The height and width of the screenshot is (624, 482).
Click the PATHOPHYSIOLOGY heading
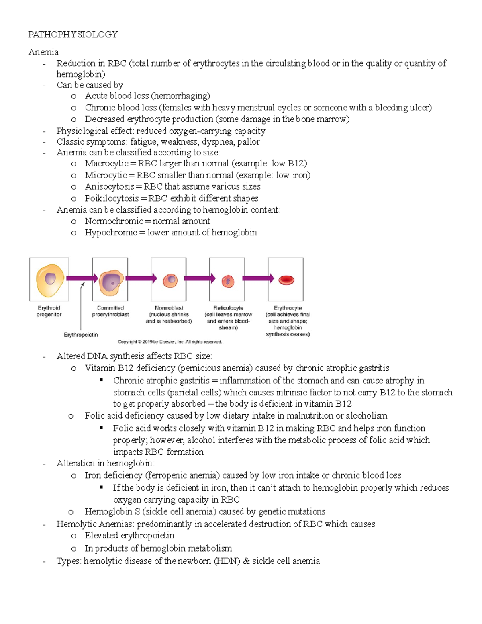pos(73,35)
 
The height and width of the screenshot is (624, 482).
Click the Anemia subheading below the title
pos(43,52)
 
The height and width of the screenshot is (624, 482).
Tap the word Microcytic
pos(106,175)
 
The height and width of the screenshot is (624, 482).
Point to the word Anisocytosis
pos(109,187)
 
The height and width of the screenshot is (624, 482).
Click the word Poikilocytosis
pos(112,198)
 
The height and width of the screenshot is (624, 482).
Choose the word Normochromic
pos(114,221)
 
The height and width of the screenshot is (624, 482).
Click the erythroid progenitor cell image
pos(50,280)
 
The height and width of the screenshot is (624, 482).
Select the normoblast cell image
pos(170,280)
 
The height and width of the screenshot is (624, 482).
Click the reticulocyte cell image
pos(228,280)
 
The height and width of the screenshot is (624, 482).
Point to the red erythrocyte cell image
pos(286,280)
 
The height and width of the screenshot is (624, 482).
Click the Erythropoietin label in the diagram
pos(81,335)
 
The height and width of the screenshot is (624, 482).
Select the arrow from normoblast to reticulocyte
pos(199,278)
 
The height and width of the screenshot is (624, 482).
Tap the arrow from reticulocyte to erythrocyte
pos(258,278)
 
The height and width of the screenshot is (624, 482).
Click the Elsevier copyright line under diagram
pos(170,342)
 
